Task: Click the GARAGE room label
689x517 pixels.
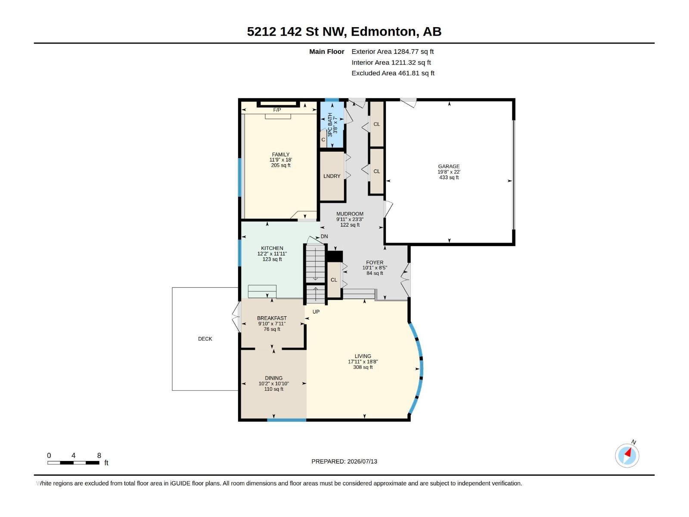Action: click(x=449, y=166)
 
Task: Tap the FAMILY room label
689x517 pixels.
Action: click(x=281, y=154)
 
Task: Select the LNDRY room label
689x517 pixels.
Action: click(x=332, y=176)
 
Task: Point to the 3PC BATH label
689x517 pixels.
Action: click(x=330, y=125)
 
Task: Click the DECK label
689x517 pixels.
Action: click(x=205, y=339)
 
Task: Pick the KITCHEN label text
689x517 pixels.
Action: click(x=272, y=248)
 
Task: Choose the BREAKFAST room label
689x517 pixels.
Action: click(x=272, y=318)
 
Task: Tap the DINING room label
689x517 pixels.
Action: click(x=273, y=378)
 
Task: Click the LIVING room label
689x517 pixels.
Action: click(x=363, y=356)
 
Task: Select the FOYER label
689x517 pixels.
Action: click(x=375, y=262)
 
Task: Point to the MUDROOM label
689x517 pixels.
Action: click(x=350, y=214)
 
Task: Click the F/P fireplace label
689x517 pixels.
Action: click(x=277, y=110)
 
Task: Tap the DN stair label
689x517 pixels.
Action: click(x=324, y=237)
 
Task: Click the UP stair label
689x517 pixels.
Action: click(x=316, y=311)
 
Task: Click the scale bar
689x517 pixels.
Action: click(x=74, y=463)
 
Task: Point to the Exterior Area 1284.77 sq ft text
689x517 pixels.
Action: click(x=392, y=51)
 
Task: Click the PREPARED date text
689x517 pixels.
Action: click(x=344, y=461)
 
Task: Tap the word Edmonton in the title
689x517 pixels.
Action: click(x=383, y=31)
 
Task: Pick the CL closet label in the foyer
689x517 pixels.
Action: click(x=334, y=280)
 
